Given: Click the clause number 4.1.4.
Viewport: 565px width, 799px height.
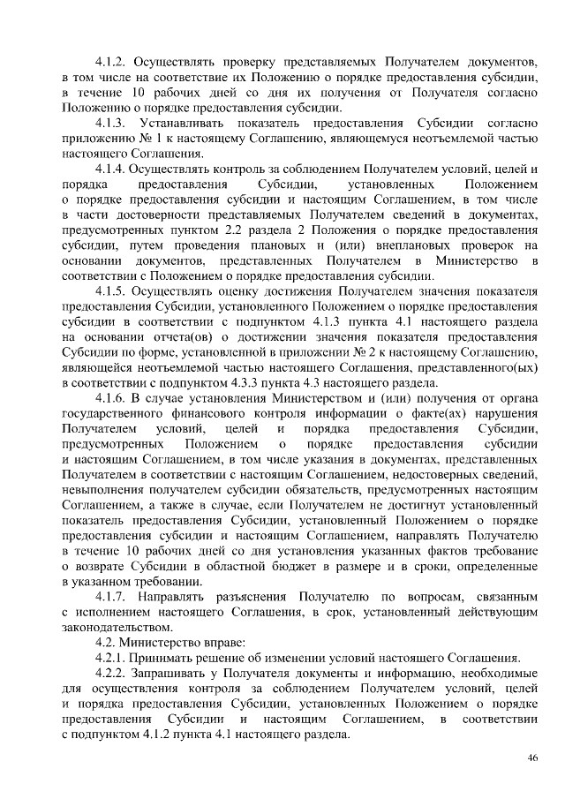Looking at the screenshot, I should click(110, 168).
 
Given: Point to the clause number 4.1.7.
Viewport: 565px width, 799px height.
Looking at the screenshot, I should click(110, 596).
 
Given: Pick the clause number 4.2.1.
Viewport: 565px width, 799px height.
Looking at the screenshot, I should click(110, 658).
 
